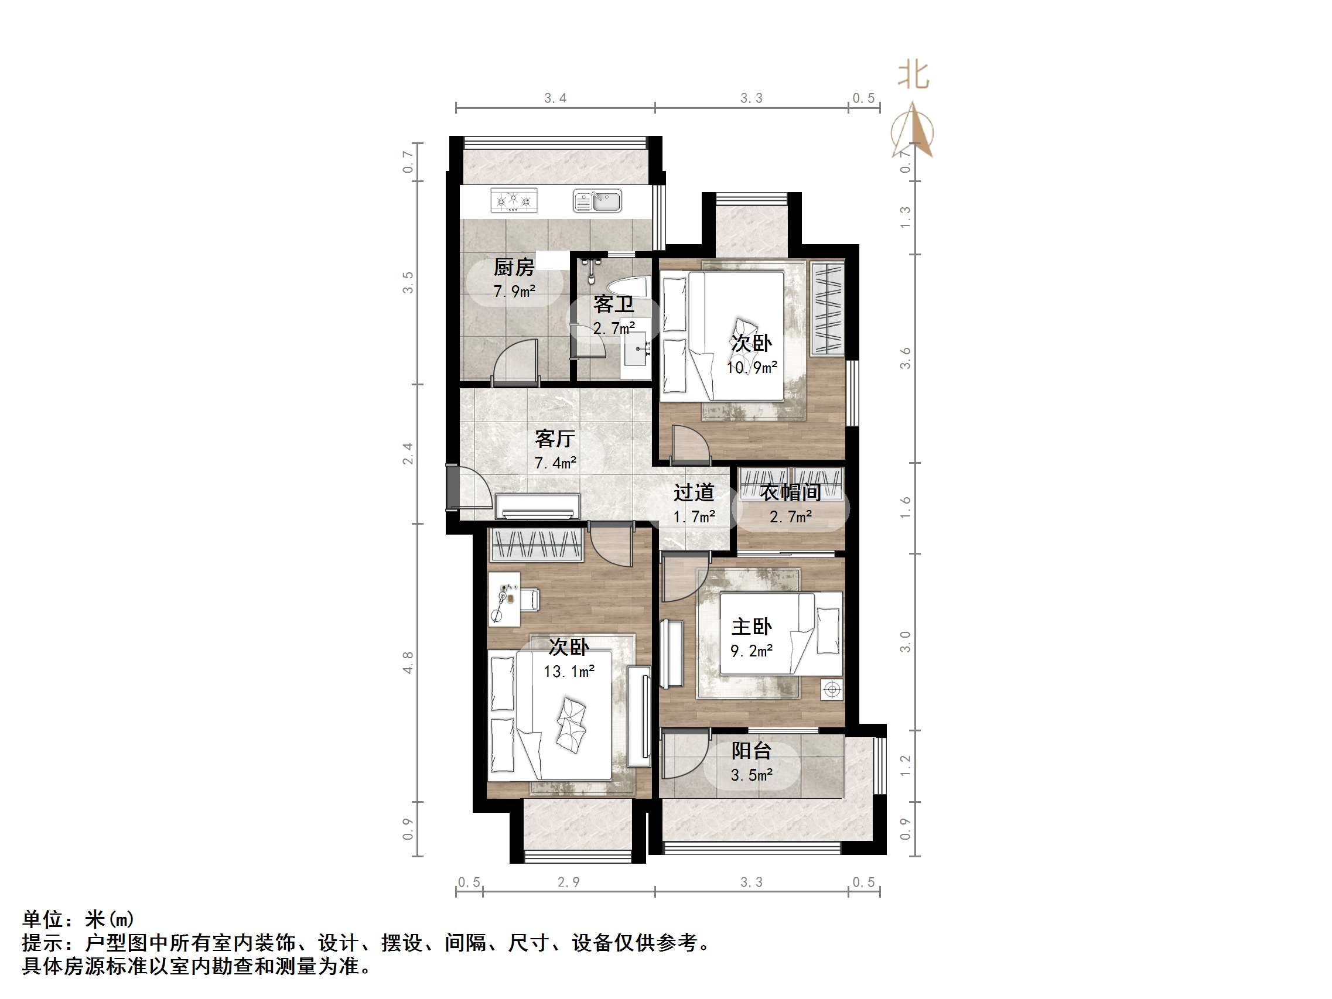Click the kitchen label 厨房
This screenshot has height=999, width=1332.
pyautogui.click(x=514, y=267)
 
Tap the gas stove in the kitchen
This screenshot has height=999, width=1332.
pyautogui.click(x=514, y=200)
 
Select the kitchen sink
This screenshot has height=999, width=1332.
pyautogui.click(x=597, y=201)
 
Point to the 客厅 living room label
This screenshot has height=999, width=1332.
pyautogui.click(x=555, y=439)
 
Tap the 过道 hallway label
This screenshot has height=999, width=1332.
pyautogui.click(x=694, y=492)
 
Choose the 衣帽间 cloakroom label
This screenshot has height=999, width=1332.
pyautogui.click(x=790, y=492)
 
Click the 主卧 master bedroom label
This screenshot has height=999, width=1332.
pyautogui.click(x=752, y=627)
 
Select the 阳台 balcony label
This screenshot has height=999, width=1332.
pyautogui.click(x=752, y=751)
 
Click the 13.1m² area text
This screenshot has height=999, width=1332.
pyautogui.click(x=569, y=672)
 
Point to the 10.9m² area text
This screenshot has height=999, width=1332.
pyautogui.click(x=752, y=367)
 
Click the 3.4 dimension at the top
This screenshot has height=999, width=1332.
pyautogui.click(x=555, y=98)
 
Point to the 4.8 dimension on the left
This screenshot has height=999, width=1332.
pyautogui.click(x=408, y=662)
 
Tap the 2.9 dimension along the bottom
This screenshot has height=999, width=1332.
pyautogui.click(x=568, y=882)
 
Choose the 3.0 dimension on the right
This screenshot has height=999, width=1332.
pyautogui.click(x=905, y=642)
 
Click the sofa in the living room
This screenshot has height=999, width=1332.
pyautogui.click(x=538, y=507)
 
